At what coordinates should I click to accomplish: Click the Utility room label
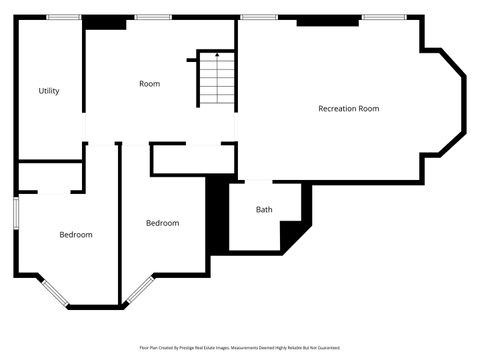coord(49,91)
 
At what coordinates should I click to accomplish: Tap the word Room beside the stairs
coord(149,84)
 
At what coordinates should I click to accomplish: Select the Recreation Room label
coord(348,108)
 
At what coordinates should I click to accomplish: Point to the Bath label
coord(264,210)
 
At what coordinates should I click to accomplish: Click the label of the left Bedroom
coord(76,235)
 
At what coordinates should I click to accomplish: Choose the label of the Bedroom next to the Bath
coord(162,223)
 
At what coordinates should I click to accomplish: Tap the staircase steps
coord(216,82)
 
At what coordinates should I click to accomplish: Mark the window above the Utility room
coord(64,16)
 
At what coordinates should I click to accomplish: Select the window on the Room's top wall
coord(152,16)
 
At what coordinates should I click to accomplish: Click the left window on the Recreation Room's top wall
coord(259,16)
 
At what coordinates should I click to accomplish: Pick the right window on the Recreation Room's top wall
coord(383,16)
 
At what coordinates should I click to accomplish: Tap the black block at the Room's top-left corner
coord(103,20)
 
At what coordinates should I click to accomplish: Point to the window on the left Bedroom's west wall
coord(15,214)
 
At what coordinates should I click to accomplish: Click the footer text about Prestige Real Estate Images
coord(240,348)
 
